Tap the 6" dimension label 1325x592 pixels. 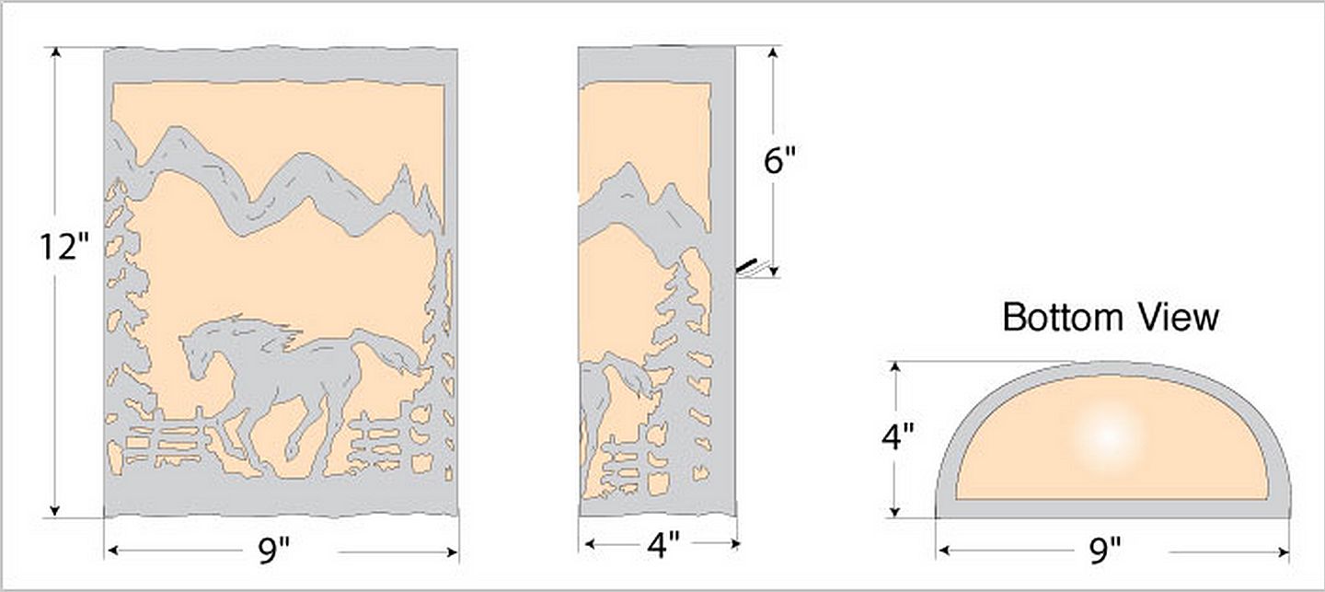click(779, 160)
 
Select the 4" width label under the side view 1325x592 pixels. click(663, 544)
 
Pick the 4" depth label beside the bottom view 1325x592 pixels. click(898, 437)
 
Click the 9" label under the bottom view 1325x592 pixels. click(1105, 551)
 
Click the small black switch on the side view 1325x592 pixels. click(747, 266)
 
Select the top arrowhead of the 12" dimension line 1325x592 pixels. click(55, 53)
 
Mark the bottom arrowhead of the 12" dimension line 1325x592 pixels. click(55, 510)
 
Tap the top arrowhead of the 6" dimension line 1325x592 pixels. click(773, 53)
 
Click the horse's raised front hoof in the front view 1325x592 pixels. click(291, 450)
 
